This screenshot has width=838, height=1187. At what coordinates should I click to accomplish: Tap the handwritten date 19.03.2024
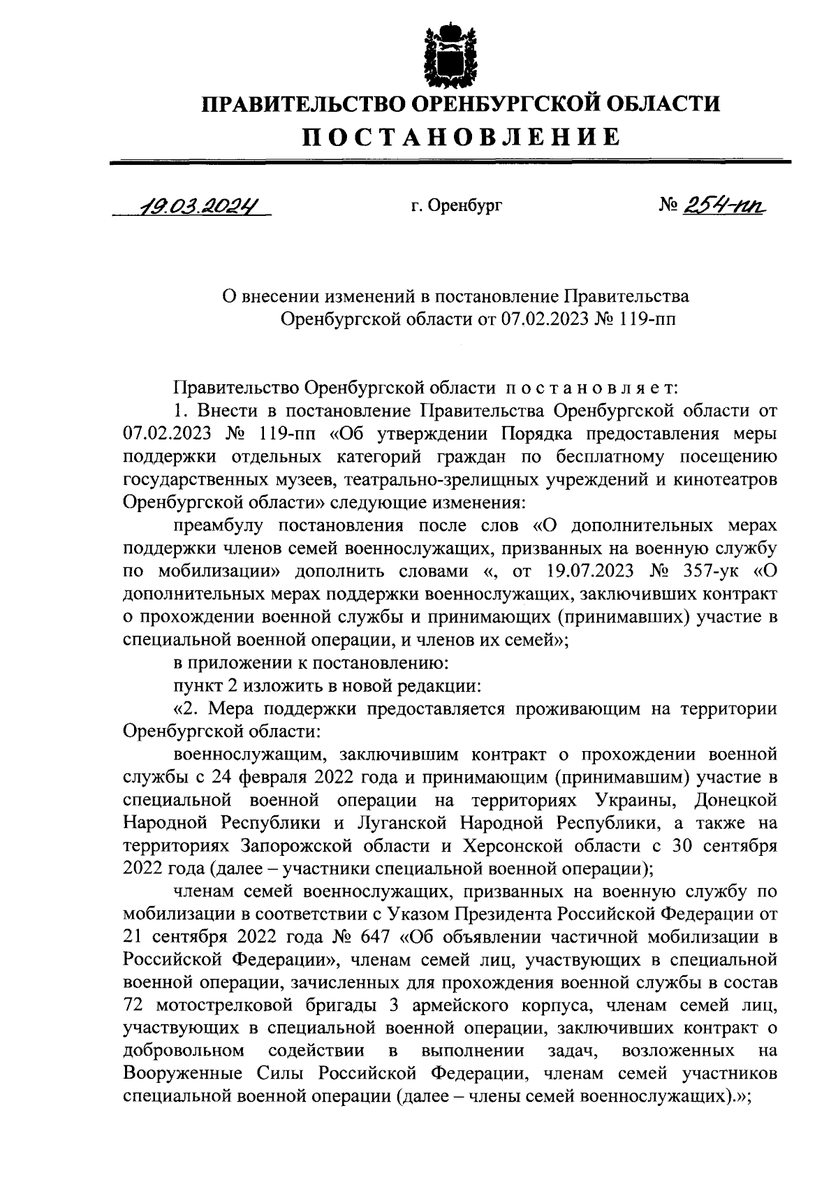[192, 207]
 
